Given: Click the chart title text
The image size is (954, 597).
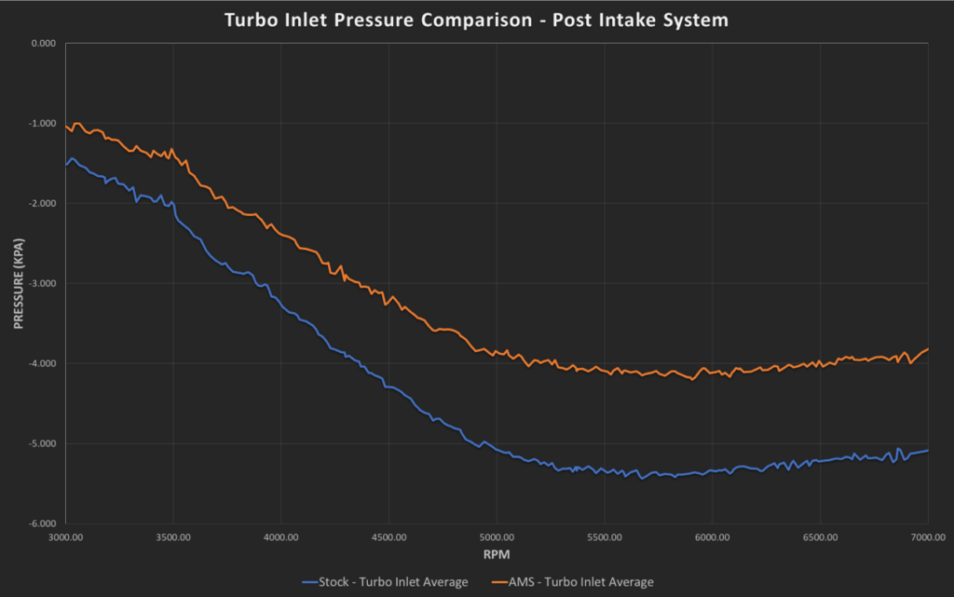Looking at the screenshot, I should click(476, 19).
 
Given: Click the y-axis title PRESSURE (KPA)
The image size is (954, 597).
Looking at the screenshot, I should click(18, 282).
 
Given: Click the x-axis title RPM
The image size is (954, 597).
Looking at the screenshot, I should click(497, 554).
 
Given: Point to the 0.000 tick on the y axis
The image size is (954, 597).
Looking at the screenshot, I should click(44, 43).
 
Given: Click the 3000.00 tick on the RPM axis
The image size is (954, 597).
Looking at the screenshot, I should click(65, 537).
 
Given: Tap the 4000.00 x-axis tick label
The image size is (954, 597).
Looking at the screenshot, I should click(280, 537).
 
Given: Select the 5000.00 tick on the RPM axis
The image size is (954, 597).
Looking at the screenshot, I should click(497, 537).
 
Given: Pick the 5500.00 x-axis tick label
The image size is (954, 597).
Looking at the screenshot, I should click(604, 537).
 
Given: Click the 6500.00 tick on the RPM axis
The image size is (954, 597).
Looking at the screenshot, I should click(820, 537).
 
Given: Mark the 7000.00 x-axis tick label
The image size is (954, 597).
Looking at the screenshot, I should click(927, 537).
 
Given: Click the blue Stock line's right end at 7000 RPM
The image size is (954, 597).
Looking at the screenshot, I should click(928, 451).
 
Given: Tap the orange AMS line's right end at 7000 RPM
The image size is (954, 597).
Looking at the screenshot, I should click(928, 348).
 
